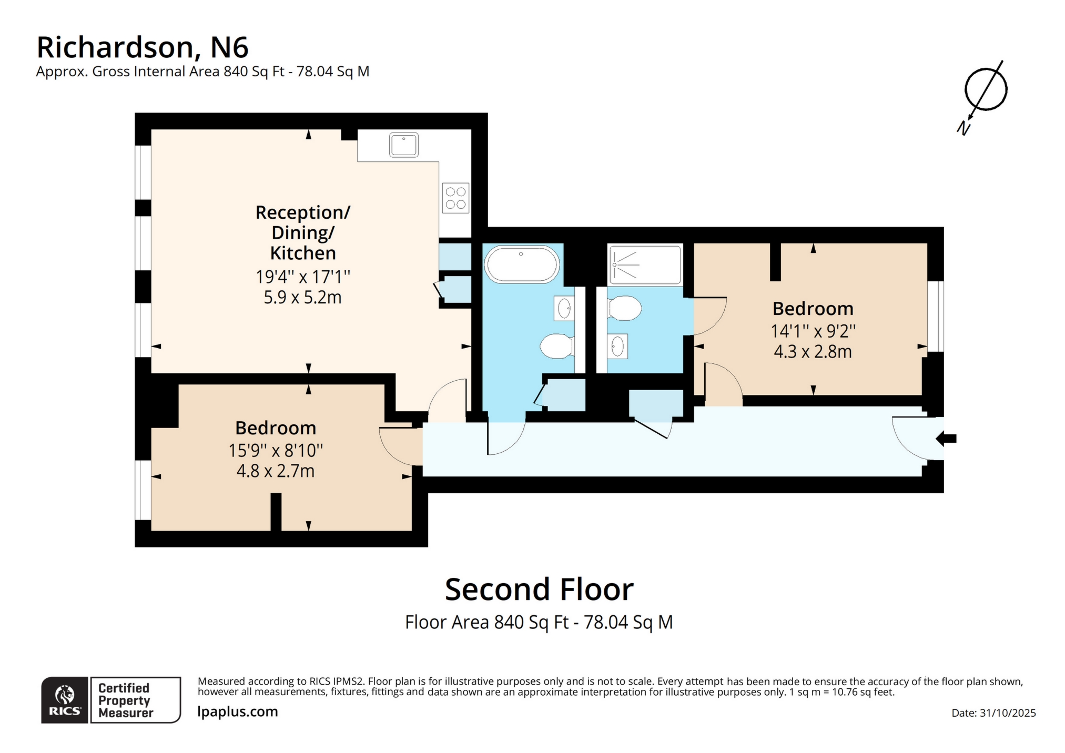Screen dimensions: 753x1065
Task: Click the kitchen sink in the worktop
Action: click(403, 145)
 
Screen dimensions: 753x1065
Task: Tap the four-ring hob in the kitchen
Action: click(455, 198)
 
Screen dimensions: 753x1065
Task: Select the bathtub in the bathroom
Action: click(521, 265)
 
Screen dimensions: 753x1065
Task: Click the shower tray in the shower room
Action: click(645, 265)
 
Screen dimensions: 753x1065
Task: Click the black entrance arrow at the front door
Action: click(947, 438)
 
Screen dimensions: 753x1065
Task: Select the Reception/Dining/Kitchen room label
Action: click(303, 232)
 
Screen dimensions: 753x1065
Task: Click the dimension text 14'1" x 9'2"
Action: click(813, 331)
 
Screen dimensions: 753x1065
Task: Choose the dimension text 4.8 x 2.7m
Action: click(275, 471)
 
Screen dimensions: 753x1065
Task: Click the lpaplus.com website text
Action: click(237, 711)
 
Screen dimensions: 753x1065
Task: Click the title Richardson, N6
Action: click(142, 47)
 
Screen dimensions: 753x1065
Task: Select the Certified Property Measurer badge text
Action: click(125, 700)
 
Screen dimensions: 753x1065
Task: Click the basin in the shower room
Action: click(617, 347)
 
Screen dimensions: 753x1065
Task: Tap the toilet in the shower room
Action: click(625, 308)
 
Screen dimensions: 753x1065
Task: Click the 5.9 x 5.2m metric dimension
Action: click(302, 298)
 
